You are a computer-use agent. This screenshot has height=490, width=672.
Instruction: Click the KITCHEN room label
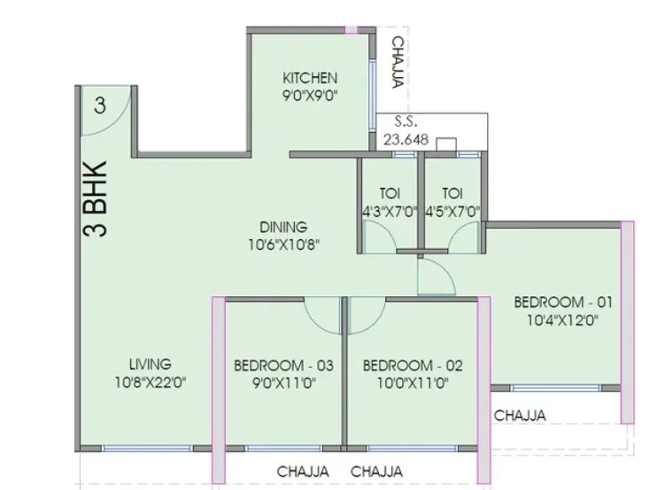[x=310, y=78]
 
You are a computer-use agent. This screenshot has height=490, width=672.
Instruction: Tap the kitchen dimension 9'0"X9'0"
[x=310, y=96]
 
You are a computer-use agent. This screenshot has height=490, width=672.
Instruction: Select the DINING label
[x=283, y=227]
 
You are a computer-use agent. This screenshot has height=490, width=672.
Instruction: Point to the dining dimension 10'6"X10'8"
[x=283, y=245]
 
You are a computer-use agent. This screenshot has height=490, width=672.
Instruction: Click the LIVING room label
[x=150, y=364]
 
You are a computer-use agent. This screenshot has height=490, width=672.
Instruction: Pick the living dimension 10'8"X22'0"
[x=150, y=382]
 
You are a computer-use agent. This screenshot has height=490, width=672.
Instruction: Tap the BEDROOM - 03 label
[x=283, y=366]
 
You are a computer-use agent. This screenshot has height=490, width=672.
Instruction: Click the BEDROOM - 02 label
[x=413, y=366]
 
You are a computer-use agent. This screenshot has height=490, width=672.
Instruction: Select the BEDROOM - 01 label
[x=563, y=302]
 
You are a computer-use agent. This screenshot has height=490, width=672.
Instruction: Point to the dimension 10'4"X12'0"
[x=563, y=320]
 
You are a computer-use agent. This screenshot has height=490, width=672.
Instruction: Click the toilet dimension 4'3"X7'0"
[x=390, y=212]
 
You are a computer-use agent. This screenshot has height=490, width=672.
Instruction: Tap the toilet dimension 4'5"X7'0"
[x=452, y=212]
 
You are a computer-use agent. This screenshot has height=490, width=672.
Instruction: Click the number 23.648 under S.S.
[x=406, y=139]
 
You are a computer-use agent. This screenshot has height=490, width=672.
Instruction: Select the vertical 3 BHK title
[x=95, y=198]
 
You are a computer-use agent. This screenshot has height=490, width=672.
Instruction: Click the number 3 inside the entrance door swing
[x=100, y=105]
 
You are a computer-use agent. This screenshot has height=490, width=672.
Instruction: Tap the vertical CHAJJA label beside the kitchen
[x=398, y=63]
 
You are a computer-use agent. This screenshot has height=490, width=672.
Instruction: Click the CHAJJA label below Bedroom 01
[x=520, y=416]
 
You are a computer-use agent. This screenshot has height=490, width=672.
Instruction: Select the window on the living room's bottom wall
[x=147, y=448]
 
